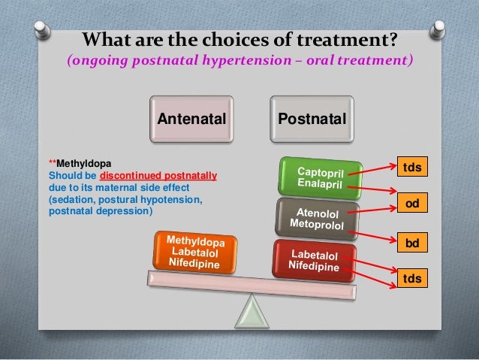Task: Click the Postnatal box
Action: [312, 119]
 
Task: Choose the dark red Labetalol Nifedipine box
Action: [315, 260]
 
